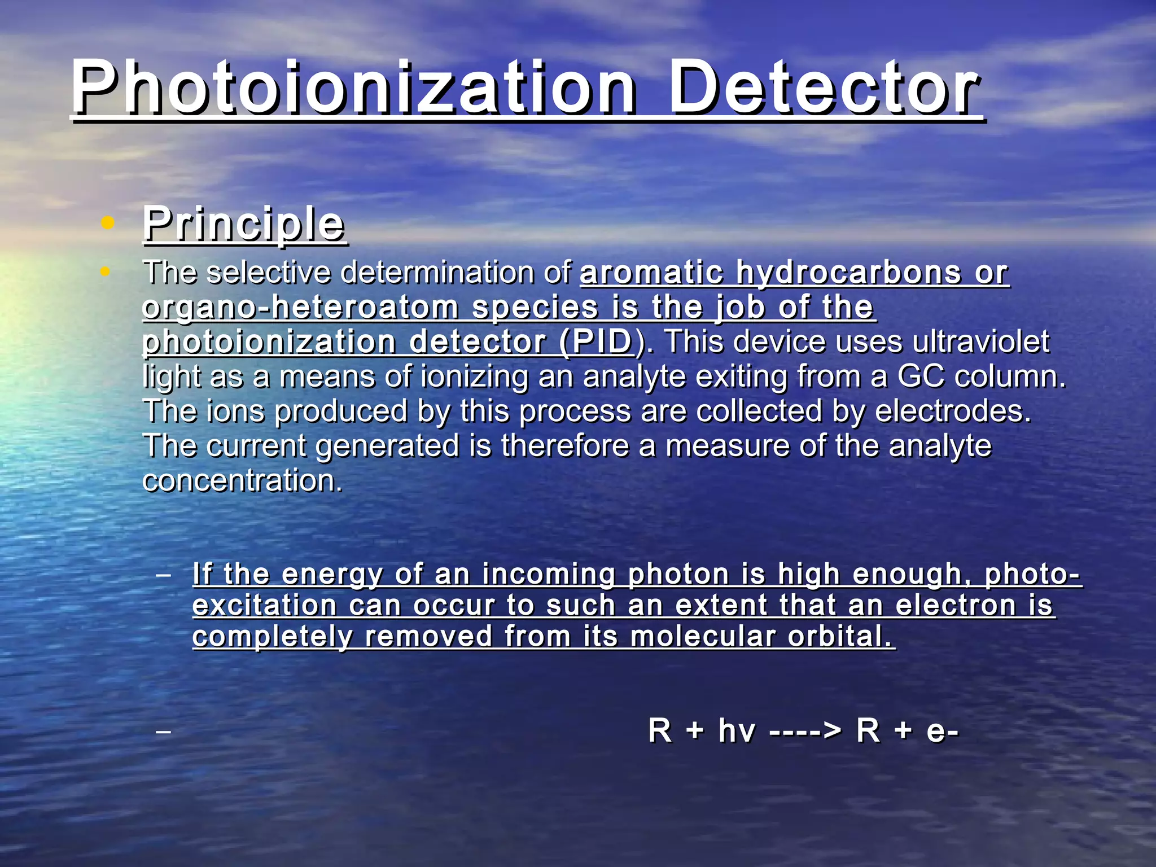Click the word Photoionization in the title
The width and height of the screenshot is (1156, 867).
coord(353,89)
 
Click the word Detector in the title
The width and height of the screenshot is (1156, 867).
coord(824,89)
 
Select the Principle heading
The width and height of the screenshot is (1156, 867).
coord(244,224)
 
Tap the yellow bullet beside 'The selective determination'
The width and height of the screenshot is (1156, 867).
coord(105,272)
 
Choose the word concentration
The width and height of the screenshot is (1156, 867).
coord(243,480)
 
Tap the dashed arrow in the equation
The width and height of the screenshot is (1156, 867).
coord(805,732)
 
